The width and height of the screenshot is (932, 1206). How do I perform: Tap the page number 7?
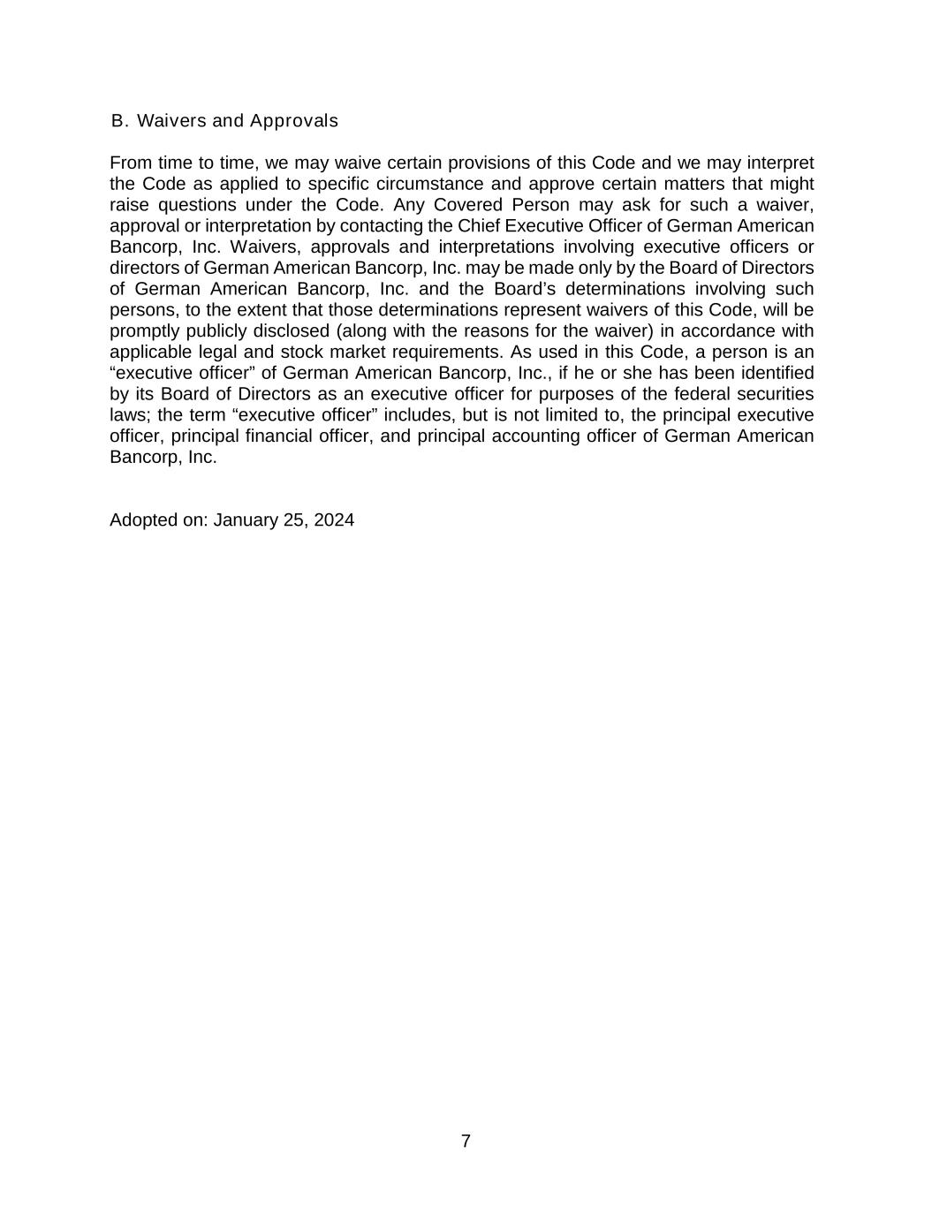(466, 1141)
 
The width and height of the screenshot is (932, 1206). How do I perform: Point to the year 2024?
(333, 520)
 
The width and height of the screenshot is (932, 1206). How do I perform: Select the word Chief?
(479, 225)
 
